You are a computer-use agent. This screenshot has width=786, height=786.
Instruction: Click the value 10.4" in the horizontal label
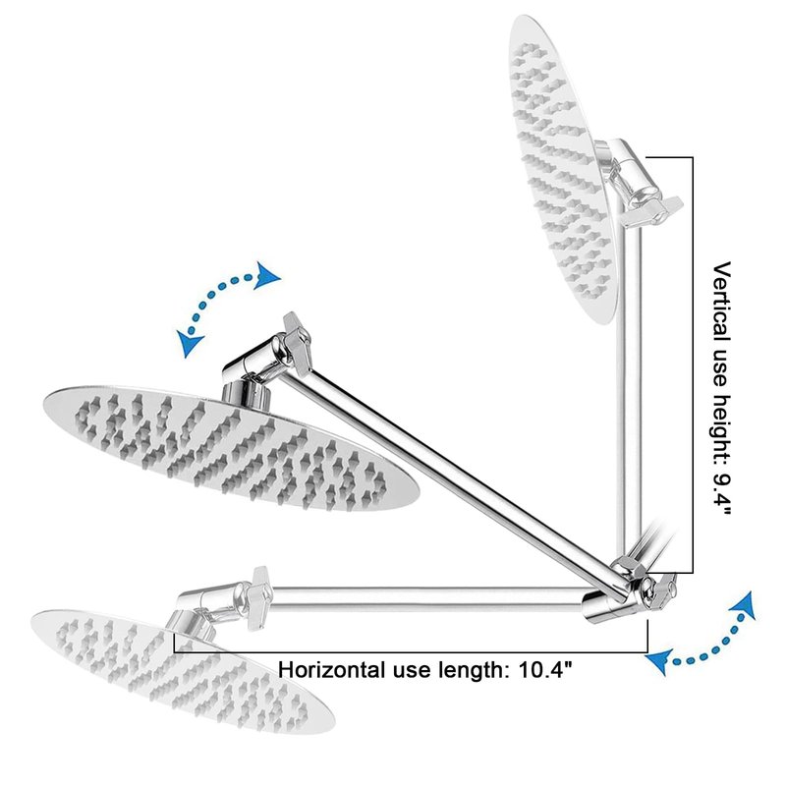tap(538, 671)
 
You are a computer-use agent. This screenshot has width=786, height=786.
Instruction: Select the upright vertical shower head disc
tap(562, 167)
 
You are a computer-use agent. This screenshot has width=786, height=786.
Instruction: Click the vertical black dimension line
tap(693, 364)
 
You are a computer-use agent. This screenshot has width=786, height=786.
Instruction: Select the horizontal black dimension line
tap(413, 650)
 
